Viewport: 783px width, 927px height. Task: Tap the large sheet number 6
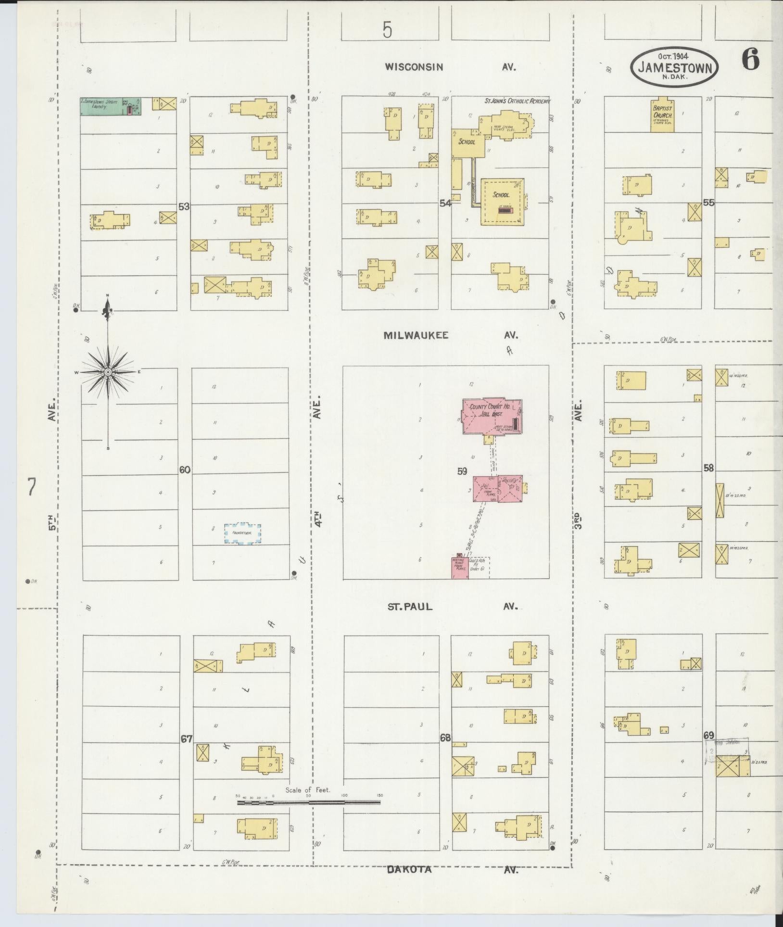pyautogui.click(x=750, y=60)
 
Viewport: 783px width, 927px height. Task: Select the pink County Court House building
pyautogui.click(x=492, y=417)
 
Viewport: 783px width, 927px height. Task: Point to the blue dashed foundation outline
pyautogui.click(x=243, y=534)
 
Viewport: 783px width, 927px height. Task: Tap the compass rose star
pyautogui.click(x=108, y=372)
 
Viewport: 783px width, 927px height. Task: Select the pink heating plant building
pyautogui.click(x=459, y=568)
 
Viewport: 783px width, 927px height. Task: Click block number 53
pyautogui.click(x=184, y=206)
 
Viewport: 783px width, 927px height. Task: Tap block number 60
pyautogui.click(x=185, y=470)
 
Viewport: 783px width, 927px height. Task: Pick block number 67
pyautogui.click(x=186, y=739)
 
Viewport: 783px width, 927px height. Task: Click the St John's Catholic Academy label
pyautogui.click(x=517, y=102)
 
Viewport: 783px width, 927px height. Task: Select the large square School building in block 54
pyautogui.click(x=502, y=201)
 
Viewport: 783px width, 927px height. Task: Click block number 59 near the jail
pyautogui.click(x=462, y=471)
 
